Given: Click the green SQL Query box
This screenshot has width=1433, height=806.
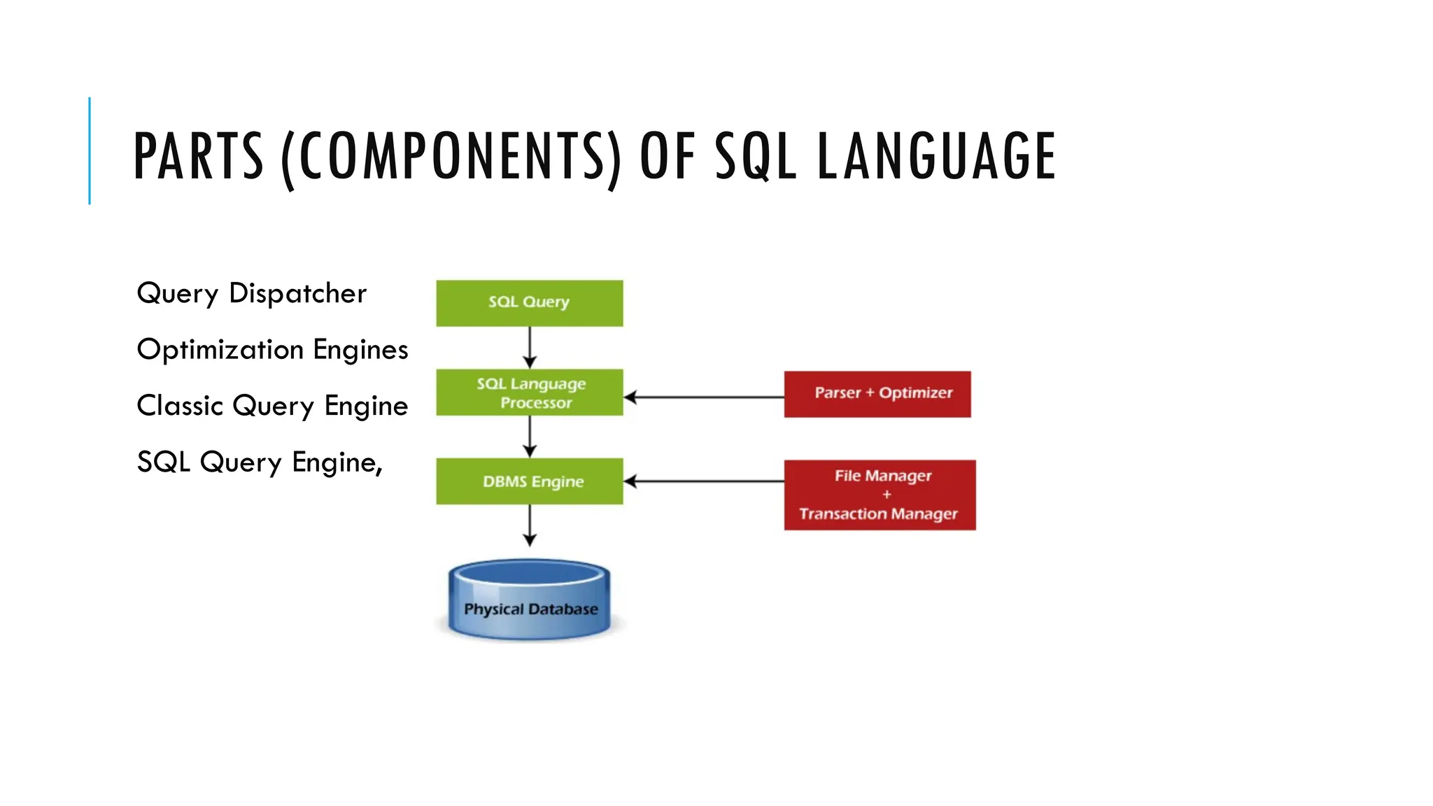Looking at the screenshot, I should pyautogui.click(x=529, y=303).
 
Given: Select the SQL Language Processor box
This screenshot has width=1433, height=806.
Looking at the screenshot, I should pyautogui.click(x=529, y=393).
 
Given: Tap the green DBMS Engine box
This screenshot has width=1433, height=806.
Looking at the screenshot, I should pyautogui.click(x=529, y=481).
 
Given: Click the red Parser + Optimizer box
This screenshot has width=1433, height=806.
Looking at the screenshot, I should pyautogui.click(x=877, y=394).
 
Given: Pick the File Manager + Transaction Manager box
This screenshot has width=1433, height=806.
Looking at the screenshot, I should pyautogui.click(x=880, y=495).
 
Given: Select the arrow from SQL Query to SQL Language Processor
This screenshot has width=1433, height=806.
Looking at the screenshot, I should pyautogui.click(x=530, y=347).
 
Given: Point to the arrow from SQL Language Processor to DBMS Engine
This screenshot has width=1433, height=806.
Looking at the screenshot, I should pyautogui.click(x=530, y=437).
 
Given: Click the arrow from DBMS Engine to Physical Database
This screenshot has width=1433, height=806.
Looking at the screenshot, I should pyautogui.click(x=530, y=525).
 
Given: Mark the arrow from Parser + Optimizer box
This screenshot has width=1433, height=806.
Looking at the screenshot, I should pyautogui.click(x=703, y=397).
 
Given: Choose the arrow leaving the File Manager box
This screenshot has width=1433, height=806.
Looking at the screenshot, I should pyautogui.click(x=703, y=481).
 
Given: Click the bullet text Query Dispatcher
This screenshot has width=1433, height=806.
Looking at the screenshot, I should pyautogui.click(x=251, y=293).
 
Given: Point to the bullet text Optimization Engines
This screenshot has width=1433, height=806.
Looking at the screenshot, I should pyautogui.click(x=272, y=350).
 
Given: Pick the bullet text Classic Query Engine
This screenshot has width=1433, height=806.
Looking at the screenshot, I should pyautogui.click(x=272, y=406).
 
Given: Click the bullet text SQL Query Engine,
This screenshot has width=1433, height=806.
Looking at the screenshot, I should pyautogui.click(x=260, y=462).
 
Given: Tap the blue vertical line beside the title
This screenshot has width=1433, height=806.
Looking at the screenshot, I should pyautogui.click(x=90, y=150).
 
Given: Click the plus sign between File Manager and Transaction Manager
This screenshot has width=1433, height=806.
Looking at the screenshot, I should pyautogui.click(x=887, y=494).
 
